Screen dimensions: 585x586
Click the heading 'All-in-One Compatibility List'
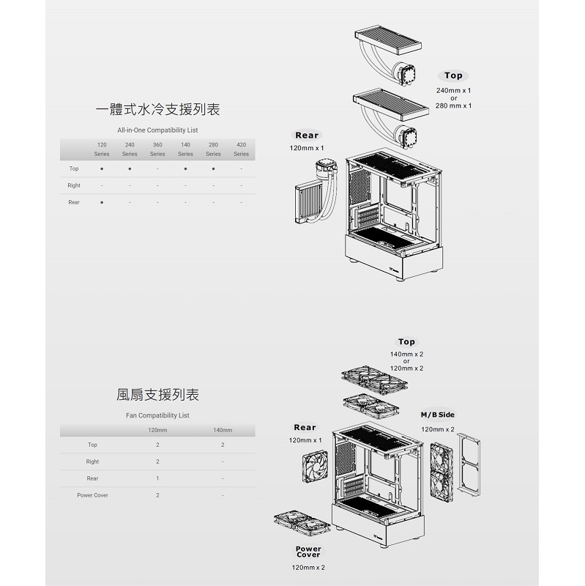tap(157, 130)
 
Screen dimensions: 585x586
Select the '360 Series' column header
tap(157, 149)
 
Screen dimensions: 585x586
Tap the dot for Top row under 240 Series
tap(130, 169)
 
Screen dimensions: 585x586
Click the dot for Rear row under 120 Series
tap(102, 203)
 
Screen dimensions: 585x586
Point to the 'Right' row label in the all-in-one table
tap(74, 185)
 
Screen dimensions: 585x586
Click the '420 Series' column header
tap(242, 149)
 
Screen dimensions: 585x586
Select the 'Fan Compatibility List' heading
tap(157, 415)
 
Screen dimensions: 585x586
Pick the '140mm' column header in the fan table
tap(223, 430)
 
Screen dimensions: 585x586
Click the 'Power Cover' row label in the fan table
tap(92, 495)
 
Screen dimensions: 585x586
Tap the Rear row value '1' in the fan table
tap(157, 478)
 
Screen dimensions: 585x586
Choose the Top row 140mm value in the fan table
tap(223, 445)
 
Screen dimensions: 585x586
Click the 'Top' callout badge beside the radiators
tap(453, 75)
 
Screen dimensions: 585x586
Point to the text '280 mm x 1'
tap(453, 105)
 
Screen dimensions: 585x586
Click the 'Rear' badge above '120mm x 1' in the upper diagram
tap(307, 136)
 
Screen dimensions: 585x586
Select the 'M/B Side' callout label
tap(437, 415)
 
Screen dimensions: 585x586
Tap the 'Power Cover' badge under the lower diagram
tap(308, 552)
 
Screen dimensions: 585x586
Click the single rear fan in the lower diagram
tap(315, 467)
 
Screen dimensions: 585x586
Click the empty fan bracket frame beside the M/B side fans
tap(469, 464)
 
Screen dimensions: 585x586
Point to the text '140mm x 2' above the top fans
tap(406, 354)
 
